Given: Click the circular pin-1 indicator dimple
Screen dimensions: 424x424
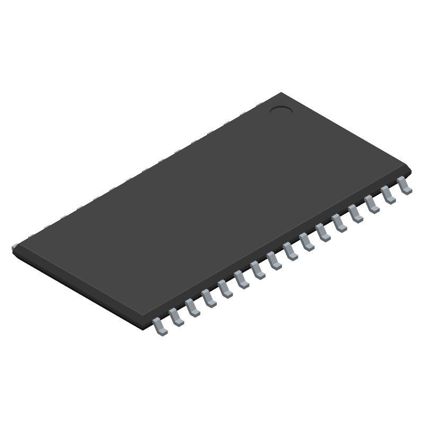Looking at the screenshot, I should point(281,110).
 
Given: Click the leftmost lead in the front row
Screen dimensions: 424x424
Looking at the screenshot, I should point(160,326).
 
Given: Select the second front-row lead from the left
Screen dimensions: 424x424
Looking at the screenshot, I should point(176,317).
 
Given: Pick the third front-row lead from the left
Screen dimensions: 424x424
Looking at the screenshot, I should point(192,308).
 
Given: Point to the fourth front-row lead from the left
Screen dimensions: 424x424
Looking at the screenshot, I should point(209,298).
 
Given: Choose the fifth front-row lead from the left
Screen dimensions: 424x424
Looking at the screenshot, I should point(225,289).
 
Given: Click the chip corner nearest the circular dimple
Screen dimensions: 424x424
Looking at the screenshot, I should point(281,93).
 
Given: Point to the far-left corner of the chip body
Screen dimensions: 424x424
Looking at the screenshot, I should point(13,248).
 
